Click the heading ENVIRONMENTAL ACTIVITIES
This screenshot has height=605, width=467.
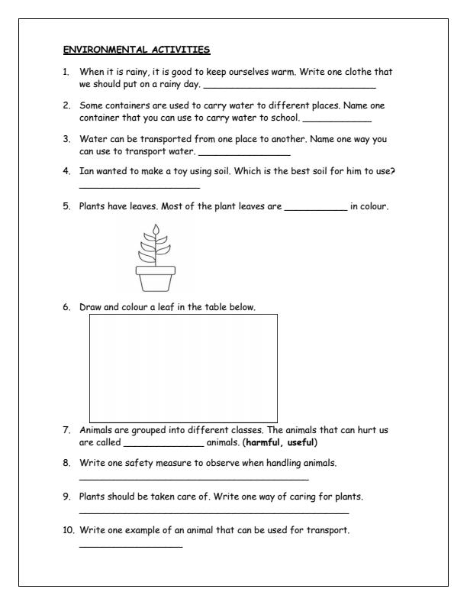[137, 50]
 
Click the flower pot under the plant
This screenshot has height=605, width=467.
[156, 277]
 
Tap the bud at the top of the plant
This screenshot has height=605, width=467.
[156, 230]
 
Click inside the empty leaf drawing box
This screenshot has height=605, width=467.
[183, 367]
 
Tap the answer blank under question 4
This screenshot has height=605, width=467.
[139, 186]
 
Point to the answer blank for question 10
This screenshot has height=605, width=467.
[130, 545]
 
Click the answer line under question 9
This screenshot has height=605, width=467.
[214, 511]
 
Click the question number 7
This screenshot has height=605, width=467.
[67, 430]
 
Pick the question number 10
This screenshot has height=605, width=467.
[69, 531]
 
